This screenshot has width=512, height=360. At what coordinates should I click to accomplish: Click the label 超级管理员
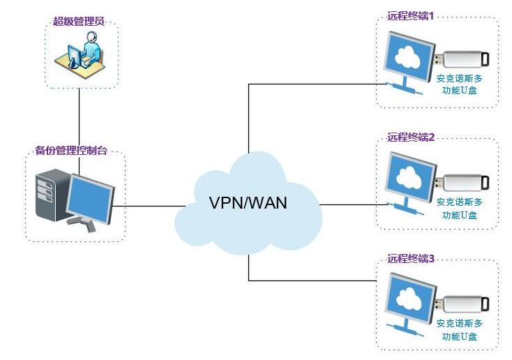pos(79,22)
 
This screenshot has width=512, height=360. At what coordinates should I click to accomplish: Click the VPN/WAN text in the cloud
pos(248,203)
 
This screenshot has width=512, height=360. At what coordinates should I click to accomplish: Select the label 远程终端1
pos(411,15)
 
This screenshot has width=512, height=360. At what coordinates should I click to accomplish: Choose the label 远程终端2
pos(411,137)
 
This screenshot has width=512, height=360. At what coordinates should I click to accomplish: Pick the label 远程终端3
pos(411,258)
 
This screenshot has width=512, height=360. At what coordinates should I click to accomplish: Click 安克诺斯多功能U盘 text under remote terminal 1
pos(459,84)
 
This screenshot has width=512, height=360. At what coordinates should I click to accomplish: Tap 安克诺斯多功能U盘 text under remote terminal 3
pos(459,329)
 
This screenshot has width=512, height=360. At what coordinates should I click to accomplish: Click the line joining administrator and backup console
pos(80,119)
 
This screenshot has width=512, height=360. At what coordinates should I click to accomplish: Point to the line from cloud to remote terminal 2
pos(352,204)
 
